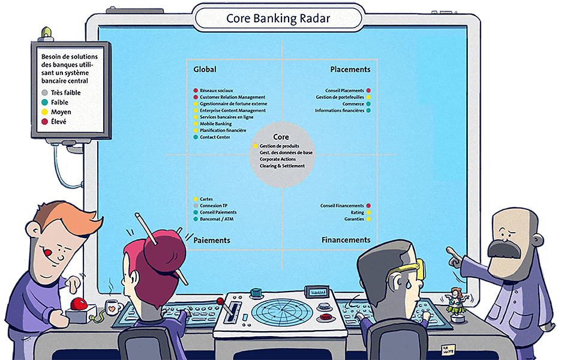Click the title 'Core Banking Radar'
[278, 19]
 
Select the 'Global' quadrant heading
[205, 70]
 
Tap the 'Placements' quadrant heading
[350, 70]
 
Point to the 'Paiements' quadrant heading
[212, 240]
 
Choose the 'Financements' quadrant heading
[346, 240]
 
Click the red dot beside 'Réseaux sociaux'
[196, 91]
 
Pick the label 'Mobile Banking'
[216, 124]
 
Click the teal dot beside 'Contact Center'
[196, 137]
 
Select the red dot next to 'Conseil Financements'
[368, 206]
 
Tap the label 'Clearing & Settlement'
[283, 166]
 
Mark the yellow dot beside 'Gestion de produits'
[256, 146]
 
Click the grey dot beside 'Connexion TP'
[196, 206]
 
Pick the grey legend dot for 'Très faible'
[44, 93]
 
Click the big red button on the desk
[79, 304]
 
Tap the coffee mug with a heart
[113, 308]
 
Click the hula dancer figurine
[456, 304]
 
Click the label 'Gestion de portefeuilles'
[340, 97]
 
